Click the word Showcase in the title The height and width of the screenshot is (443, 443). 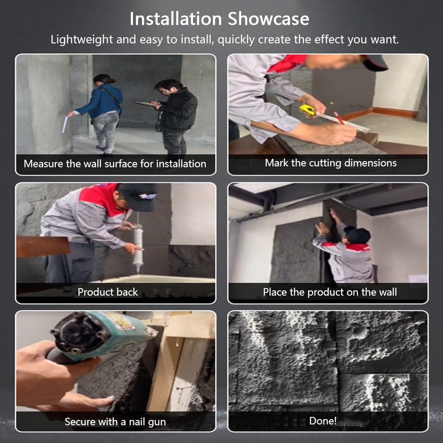click(x=268, y=19)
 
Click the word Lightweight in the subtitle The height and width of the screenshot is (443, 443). click(x=81, y=39)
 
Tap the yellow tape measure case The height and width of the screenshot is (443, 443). click(x=308, y=110)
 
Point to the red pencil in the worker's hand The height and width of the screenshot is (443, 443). click(x=339, y=118)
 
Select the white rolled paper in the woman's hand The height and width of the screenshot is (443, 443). click(x=65, y=125)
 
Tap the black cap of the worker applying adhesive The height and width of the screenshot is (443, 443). click(x=139, y=197)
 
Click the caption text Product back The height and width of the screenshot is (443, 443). click(x=108, y=292)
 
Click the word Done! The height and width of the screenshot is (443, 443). click(x=323, y=421)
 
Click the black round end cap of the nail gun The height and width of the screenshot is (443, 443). click(x=78, y=332)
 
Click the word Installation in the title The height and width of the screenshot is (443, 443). click(x=176, y=19)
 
